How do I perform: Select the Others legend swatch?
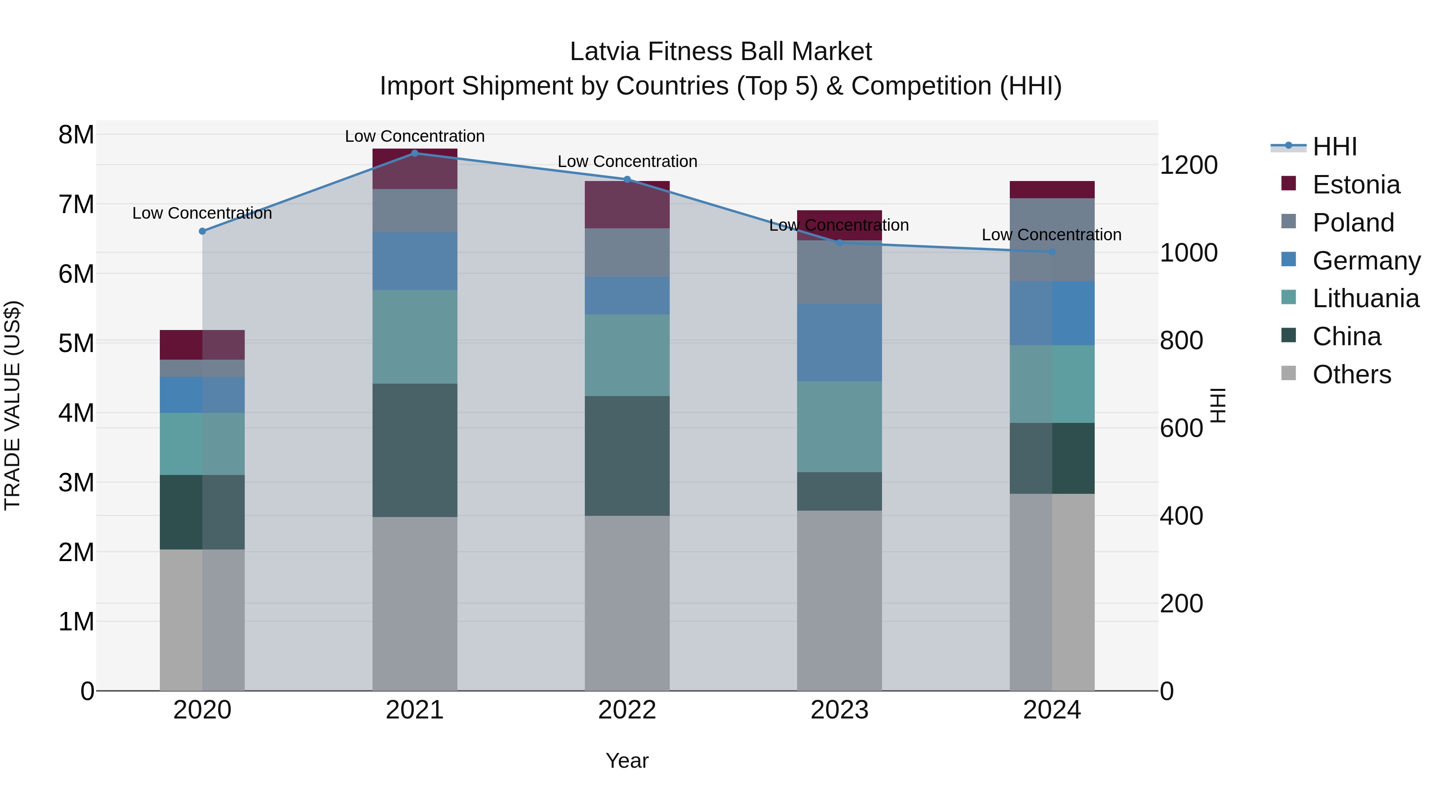pyautogui.click(x=1288, y=373)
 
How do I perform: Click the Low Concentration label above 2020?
pyautogui.click(x=202, y=213)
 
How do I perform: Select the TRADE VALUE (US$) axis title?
pyautogui.click(x=12, y=405)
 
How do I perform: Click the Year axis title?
pyautogui.click(x=627, y=761)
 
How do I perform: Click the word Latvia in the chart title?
pyautogui.click(x=606, y=52)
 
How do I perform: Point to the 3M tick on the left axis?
pyautogui.click(x=76, y=483)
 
